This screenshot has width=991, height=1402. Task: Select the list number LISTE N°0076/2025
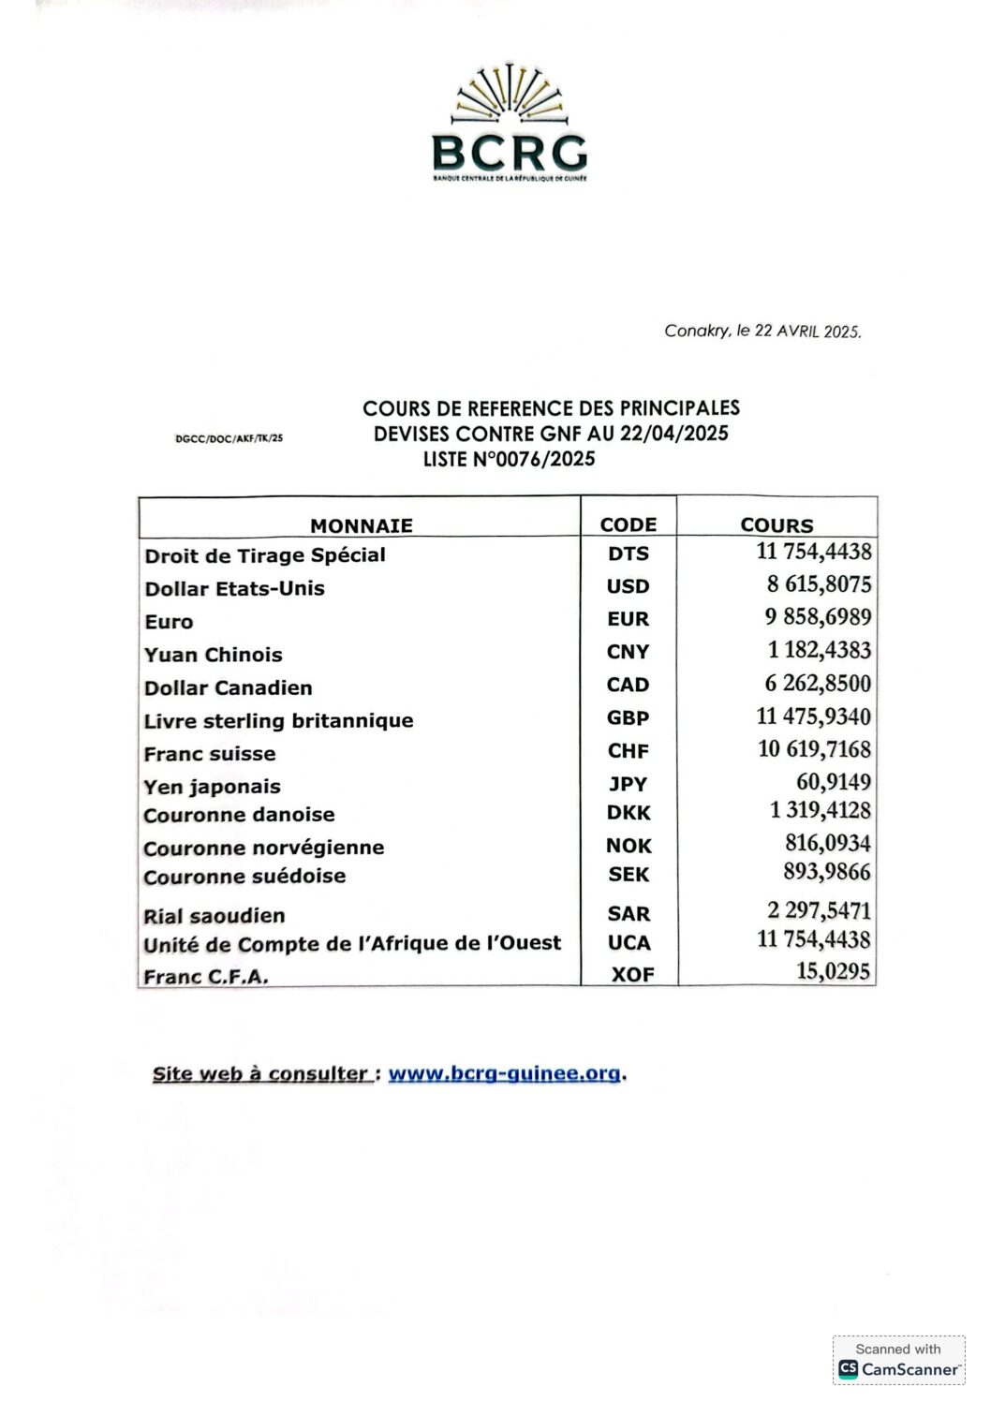tap(509, 459)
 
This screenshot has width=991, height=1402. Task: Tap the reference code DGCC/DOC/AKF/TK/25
tap(229, 437)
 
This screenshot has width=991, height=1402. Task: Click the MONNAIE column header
tap(361, 525)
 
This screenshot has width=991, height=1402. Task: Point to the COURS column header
tap(777, 525)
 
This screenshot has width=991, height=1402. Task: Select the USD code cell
tap(628, 587)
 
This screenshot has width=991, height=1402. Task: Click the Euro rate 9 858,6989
tap(818, 617)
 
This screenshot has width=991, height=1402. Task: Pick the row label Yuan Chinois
tap(213, 655)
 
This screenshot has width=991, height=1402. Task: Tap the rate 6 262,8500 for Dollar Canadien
tap(818, 684)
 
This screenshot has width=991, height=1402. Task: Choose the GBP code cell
tap(628, 717)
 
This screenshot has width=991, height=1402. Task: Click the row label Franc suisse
tap(209, 754)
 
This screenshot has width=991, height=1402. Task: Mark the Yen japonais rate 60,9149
tap(833, 782)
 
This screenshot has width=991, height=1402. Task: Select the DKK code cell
tap(628, 813)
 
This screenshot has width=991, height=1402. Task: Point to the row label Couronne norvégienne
tap(263, 848)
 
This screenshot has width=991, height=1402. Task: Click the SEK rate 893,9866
tap(826, 872)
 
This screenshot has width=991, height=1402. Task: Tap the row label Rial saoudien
tap(214, 916)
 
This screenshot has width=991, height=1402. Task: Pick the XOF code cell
tap(632, 974)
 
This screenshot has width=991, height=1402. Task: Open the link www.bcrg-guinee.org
tap(504, 1074)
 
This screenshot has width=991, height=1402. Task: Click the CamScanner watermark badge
tap(898, 1360)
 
